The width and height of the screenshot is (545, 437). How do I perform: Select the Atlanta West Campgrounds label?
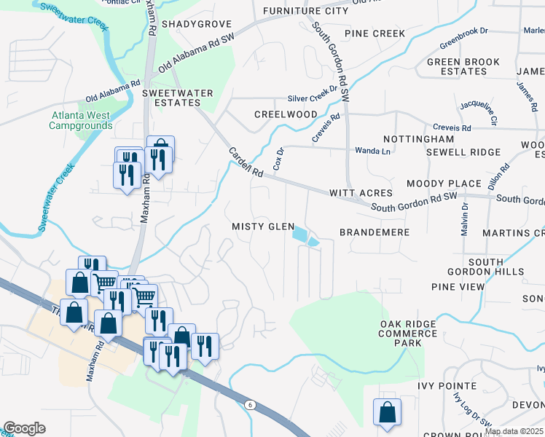(80, 120)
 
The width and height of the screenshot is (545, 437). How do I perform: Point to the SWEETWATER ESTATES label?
(177, 98)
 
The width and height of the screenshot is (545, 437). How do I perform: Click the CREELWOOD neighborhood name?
(286, 115)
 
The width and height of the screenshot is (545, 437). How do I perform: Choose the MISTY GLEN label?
(263, 227)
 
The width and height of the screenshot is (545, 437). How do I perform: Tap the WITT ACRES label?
(361, 193)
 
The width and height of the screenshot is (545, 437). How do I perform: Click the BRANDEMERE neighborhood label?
(375, 232)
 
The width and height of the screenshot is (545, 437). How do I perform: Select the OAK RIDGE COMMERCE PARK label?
(408, 334)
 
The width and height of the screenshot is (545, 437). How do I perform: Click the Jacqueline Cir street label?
(478, 111)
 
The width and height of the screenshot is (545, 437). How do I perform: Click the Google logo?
(24, 428)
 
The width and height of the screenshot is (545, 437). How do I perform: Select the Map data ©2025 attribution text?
(514, 431)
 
